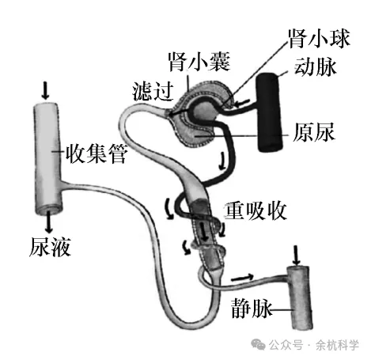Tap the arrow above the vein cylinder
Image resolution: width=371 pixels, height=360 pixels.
tap(297, 254)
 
